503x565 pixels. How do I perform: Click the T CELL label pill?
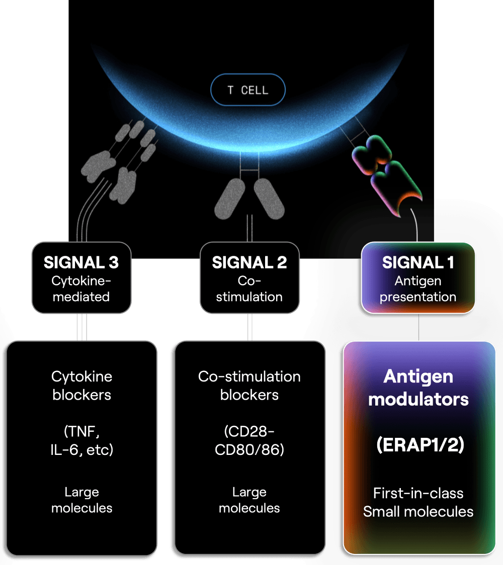point(248,89)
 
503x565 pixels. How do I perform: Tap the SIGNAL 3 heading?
point(81,262)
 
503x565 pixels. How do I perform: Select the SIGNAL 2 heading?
point(249,262)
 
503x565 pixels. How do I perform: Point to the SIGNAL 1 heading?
point(418,262)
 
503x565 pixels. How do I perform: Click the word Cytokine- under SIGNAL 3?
point(81,280)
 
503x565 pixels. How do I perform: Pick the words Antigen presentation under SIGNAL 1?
point(418,289)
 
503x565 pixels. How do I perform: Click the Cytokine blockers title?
point(82,386)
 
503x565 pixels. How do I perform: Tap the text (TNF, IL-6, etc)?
point(82,440)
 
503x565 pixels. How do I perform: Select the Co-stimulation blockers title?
point(249,386)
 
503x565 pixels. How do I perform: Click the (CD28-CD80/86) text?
point(249,440)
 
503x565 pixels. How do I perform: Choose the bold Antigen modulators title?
point(418,388)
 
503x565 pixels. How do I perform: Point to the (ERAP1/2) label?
point(421,445)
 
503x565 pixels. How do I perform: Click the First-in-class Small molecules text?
point(418,502)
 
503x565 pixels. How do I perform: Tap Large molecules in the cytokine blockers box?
point(82,500)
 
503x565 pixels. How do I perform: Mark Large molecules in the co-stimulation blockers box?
point(249,500)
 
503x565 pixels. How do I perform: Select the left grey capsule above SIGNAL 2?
point(230,199)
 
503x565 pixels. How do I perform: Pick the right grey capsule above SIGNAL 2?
point(269,199)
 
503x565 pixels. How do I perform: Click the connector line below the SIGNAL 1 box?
point(418,327)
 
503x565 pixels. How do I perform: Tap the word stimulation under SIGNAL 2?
point(249,297)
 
